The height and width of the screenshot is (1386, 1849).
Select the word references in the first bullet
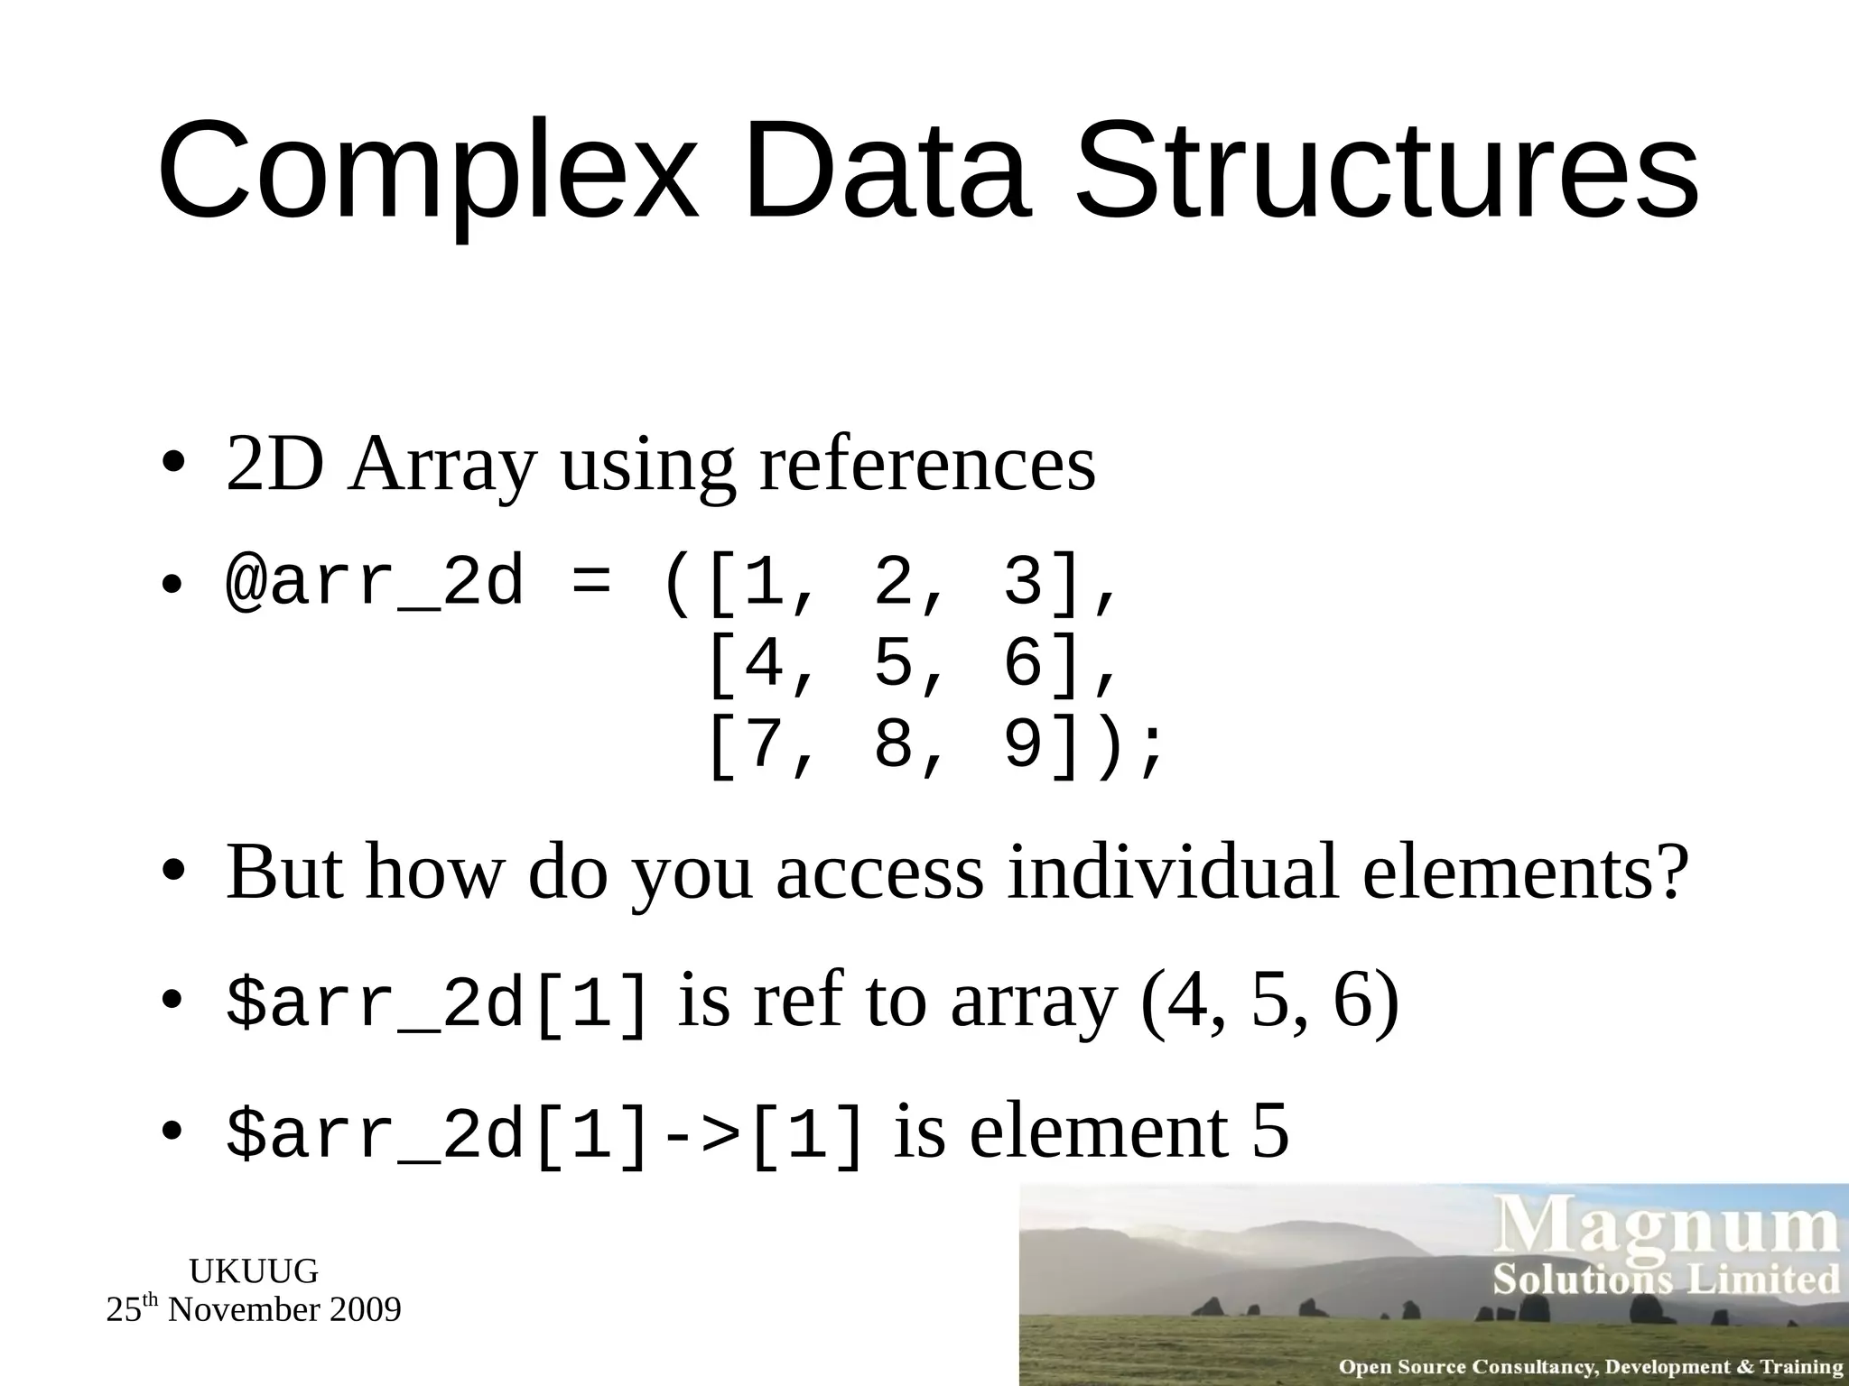pos(927,466)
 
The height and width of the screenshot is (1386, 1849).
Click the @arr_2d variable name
pos(375,583)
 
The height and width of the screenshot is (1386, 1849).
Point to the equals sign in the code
pos(591,583)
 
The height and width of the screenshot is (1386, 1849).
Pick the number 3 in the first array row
pos(1023,583)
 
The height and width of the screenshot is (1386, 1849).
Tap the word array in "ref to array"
pos(1035,1003)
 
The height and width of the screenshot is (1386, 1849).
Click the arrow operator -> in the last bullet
pos(699,1135)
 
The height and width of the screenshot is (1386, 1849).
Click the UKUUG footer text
pos(254,1271)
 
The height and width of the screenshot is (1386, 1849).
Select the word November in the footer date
pos(243,1310)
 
